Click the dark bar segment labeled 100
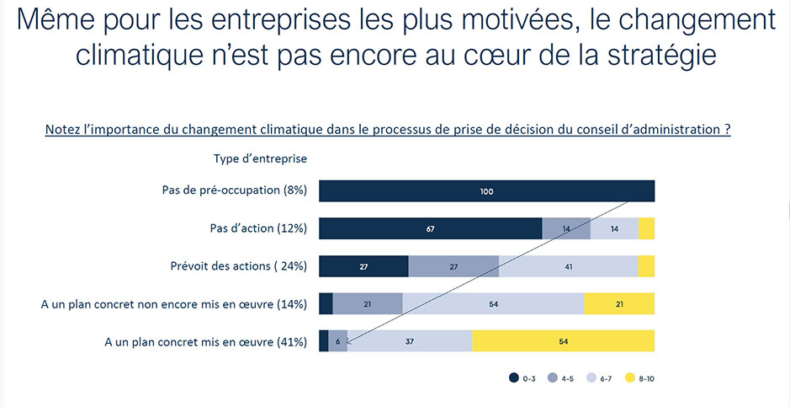point(486,191)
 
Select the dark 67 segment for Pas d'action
point(430,228)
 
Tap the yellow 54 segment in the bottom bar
point(563,340)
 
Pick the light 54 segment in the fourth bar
point(493,303)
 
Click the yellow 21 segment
point(619,303)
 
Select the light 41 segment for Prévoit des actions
point(568,266)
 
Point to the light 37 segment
point(410,340)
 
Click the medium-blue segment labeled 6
point(337,340)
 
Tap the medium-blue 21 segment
point(368,303)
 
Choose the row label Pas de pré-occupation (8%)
point(234,190)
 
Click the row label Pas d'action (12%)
point(257,228)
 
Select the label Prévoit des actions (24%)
point(238,266)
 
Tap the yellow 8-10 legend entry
point(639,379)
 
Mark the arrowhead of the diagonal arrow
point(347,342)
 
